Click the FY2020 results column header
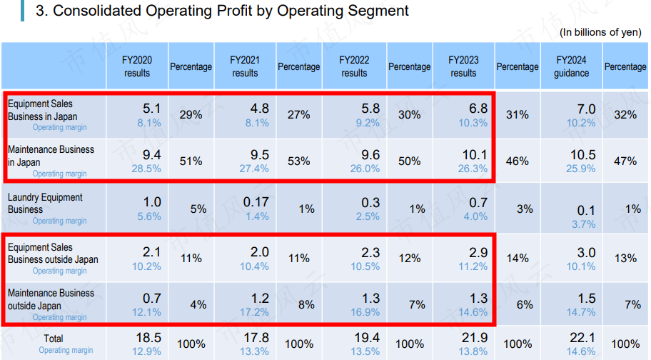pyautogui.click(x=137, y=66)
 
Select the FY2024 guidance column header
pyautogui.click(x=571, y=66)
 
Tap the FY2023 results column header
pyautogui.click(x=463, y=66)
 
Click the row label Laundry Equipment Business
pyautogui.click(x=45, y=204)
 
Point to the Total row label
pyautogui.click(x=54, y=339)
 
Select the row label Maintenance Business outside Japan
pyautogui.click(x=51, y=299)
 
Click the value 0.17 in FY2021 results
pyautogui.click(x=256, y=202)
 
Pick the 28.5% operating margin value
pyautogui.click(x=146, y=169)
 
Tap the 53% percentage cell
pyautogui.click(x=298, y=161)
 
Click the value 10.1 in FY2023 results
pyautogui.click(x=475, y=155)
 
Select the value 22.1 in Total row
pyautogui.click(x=582, y=337)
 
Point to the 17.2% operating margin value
pyautogui.click(x=255, y=312)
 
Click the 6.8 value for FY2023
pyautogui.click(x=478, y=109)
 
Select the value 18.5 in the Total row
pyautogui.click(x=148, y=337)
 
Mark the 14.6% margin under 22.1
pyautogui.click(x=581, y=351)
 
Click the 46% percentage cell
pyautogui.click(x=517, y=161)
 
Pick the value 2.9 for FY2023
pyautogui.click(x=478, y=252)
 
